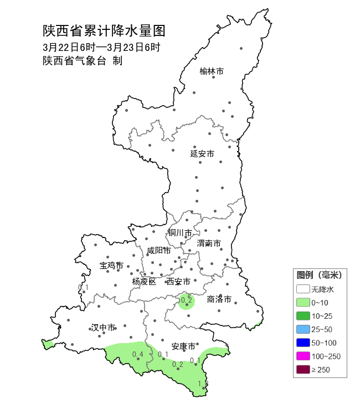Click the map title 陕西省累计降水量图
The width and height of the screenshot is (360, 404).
[104, 30]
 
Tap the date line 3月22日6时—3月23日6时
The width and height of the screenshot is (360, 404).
[101, 47]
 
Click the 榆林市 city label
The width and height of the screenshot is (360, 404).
[212, 71]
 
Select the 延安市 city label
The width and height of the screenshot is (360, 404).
[202, 153]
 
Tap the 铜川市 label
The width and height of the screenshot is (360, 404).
[181, 233]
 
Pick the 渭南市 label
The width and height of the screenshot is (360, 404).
[209, 244]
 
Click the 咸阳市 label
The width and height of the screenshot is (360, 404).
[159, 251]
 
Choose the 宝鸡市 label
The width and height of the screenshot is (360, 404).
[111, 266]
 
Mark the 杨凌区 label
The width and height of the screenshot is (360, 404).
[144, 282]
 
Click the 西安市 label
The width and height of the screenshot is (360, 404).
[178, 282]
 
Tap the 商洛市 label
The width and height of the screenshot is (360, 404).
[218, 299]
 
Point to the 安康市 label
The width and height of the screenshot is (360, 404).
[183, 346]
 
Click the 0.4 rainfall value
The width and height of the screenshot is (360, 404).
[138, 354]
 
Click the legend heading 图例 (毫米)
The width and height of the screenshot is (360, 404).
[319, 275]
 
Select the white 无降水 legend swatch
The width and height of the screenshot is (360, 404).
[302, 289]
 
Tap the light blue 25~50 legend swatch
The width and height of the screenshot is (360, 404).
[302, 329]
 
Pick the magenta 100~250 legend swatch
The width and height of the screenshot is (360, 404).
[302, 356]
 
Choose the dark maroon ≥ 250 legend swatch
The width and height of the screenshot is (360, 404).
[302, 369]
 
